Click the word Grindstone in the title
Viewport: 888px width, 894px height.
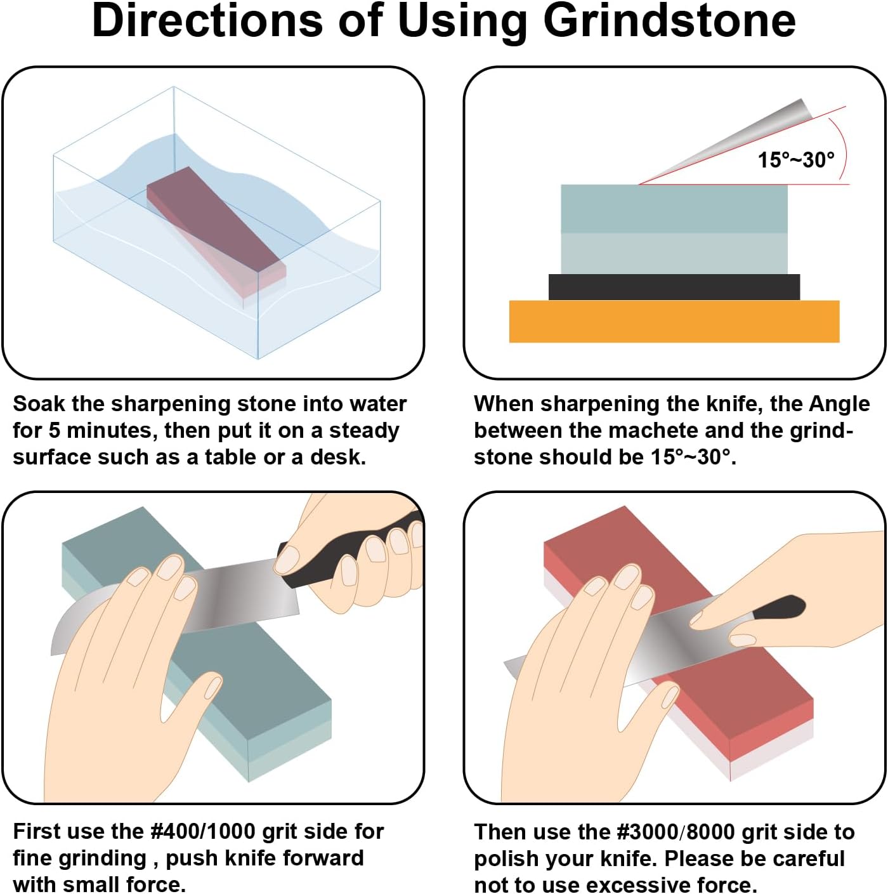pyautogui.click(x=669, y=23)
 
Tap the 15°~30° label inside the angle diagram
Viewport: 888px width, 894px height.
pyautogui.click(x=795, y=160)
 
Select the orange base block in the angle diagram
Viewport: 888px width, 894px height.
pyautogui.click(x=674, y=322)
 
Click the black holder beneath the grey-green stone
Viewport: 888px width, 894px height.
pyautogui.click(x=674, y=287)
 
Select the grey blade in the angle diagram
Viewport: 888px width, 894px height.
pyautogui.click(x=728, y=141)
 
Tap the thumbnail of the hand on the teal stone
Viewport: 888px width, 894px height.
pyautogui.click(x=213, y=688)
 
